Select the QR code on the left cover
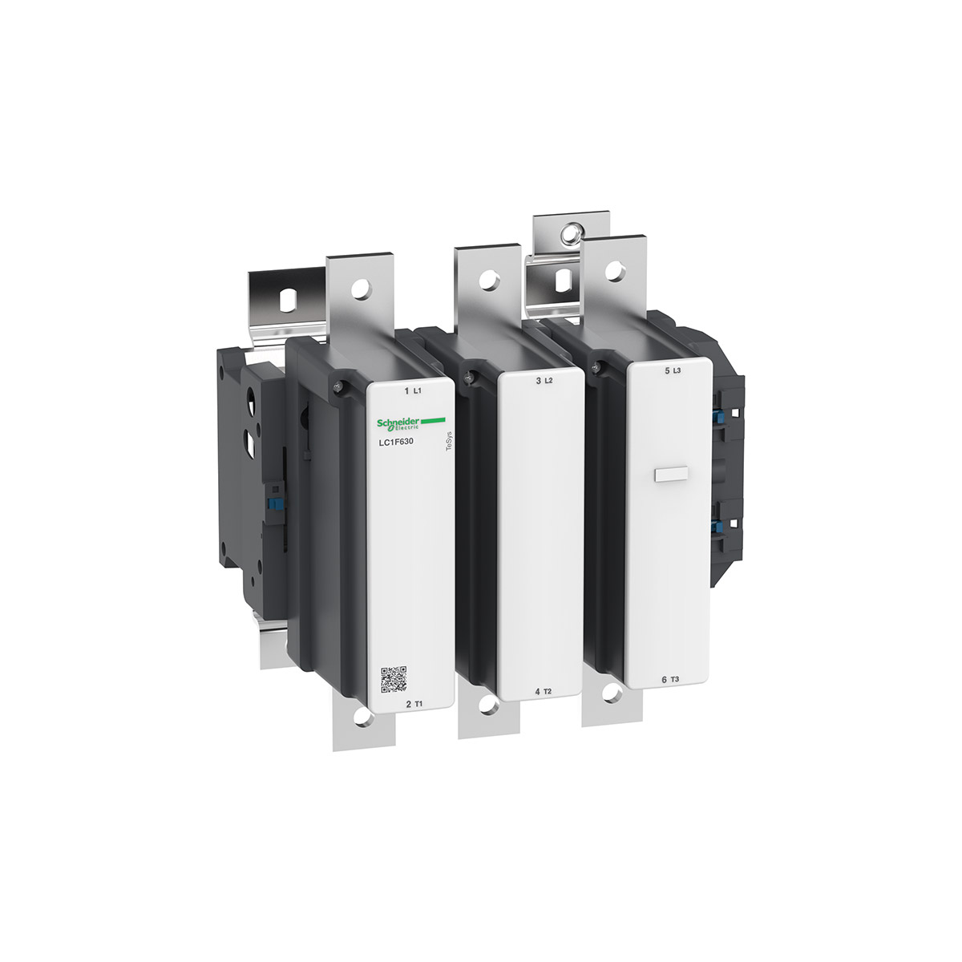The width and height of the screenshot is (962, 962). coord(394,680)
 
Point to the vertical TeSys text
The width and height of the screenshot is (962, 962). coord(448,442)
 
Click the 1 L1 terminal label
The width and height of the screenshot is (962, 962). coord(414,391)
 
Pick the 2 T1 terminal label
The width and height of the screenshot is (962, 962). coord(414,704)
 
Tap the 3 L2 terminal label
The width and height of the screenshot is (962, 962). coord(544,381)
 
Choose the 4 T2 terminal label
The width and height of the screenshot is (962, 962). coord(544,691)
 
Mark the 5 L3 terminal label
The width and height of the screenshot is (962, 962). coord(672,371)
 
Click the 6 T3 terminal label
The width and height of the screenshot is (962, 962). coord(670,680)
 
